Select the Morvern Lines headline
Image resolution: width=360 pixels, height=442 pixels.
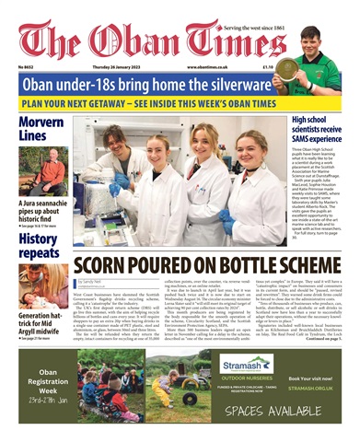42,129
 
